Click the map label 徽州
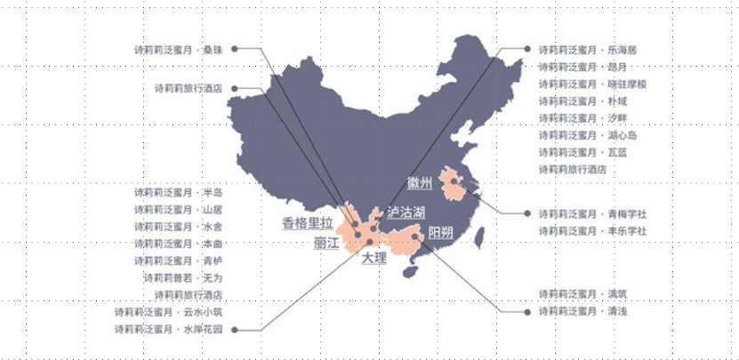(x=419, y=184)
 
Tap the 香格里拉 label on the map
(x=307, y=222)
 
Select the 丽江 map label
(x=326, y=242)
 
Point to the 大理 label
(x=374, y=259)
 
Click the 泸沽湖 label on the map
(x=406, y=212)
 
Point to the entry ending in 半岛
(x=177, y=193)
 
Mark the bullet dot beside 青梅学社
(x=529, y=214)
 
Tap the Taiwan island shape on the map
(x=481, y=236)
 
